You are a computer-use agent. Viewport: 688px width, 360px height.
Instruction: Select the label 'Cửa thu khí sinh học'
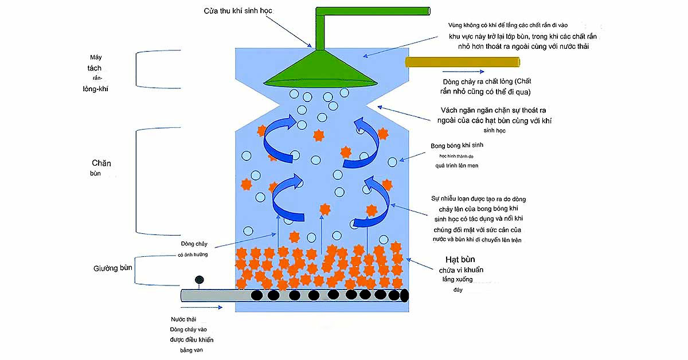237,11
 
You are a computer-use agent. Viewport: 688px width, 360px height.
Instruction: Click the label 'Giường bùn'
114,268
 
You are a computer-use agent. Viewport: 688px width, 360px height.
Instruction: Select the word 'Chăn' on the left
101,163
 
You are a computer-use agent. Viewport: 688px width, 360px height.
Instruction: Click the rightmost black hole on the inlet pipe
404,295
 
